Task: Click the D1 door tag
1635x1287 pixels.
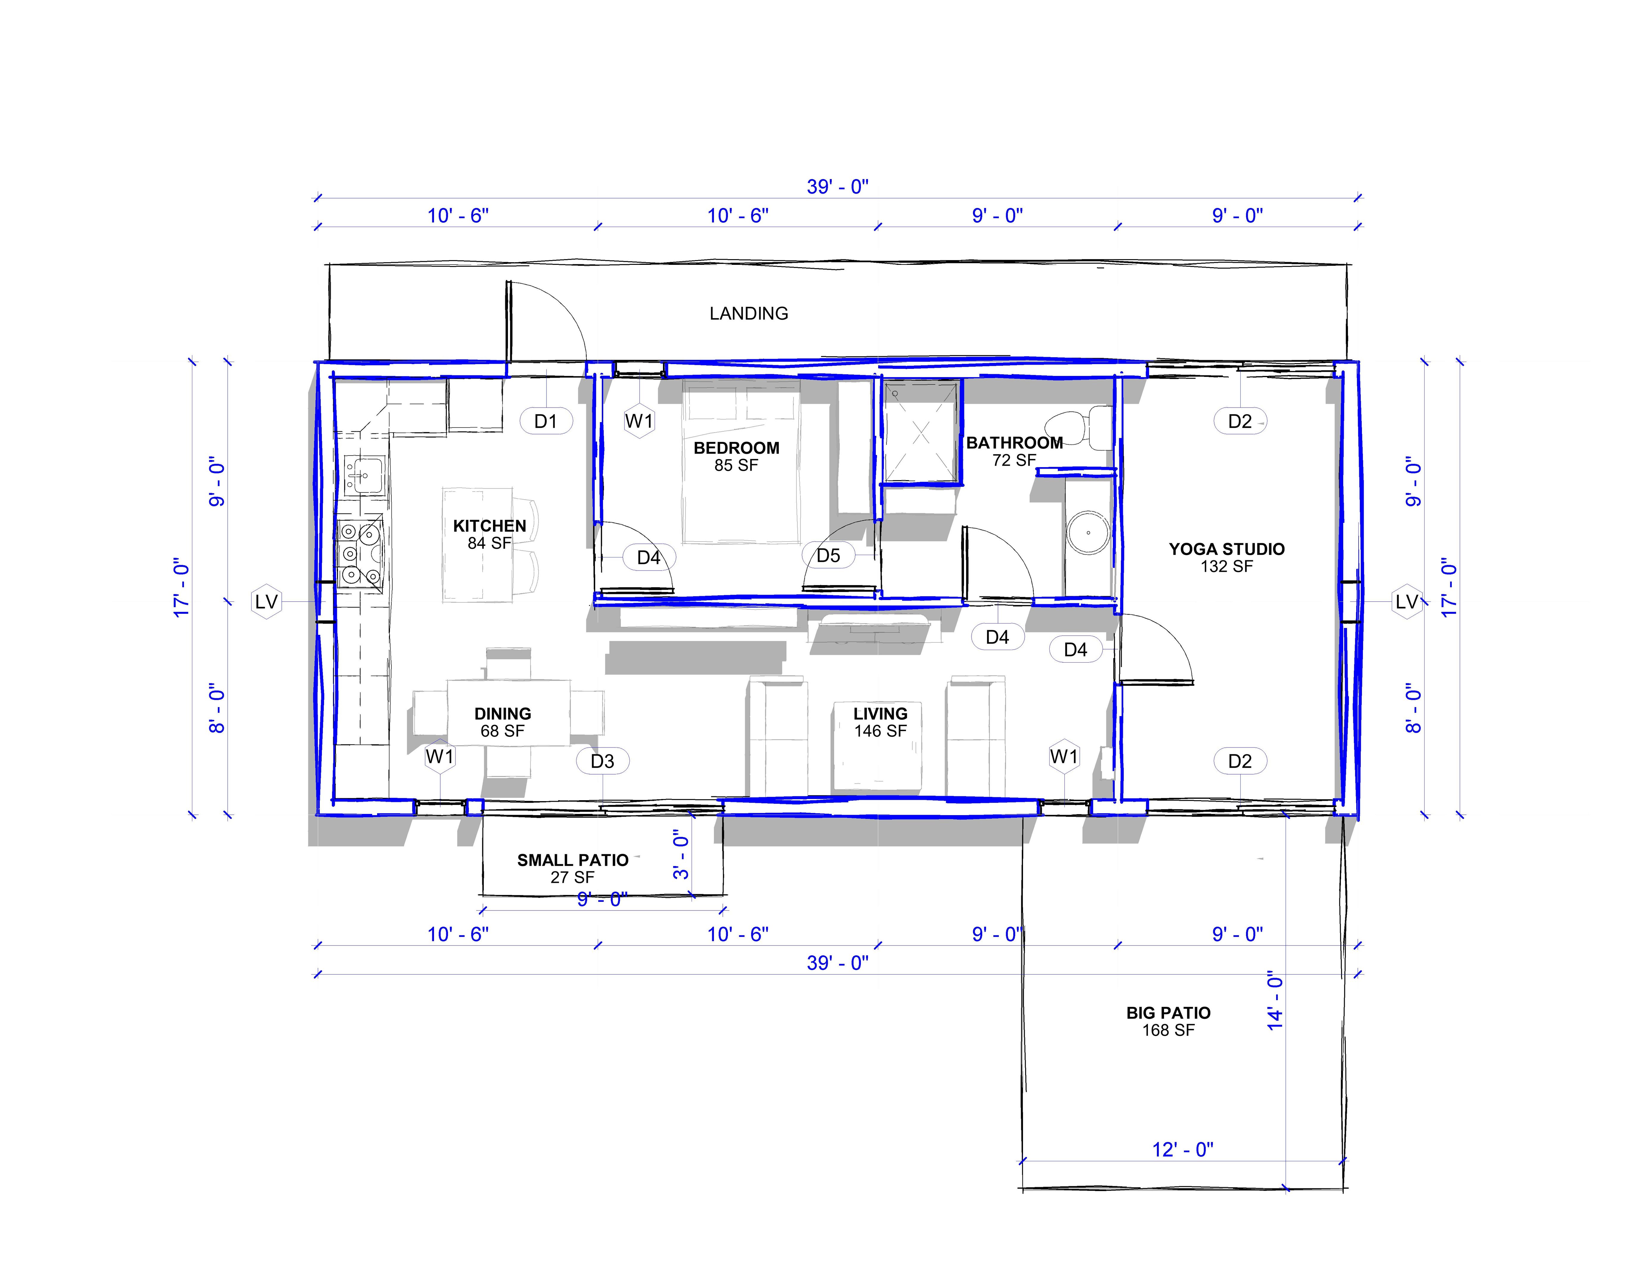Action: (x=546, y=421)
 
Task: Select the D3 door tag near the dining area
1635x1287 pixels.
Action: (x=602, y=761)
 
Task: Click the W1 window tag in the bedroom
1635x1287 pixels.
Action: (x=639, y=421)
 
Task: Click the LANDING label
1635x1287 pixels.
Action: (x=748, y=313)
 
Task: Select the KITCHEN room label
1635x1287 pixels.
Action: (x=489, y=526)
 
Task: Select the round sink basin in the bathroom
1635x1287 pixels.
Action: (x=1088, y=533)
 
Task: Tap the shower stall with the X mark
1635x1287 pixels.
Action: (x=921, y=432)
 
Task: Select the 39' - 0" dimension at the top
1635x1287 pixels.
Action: (x=838, y=187)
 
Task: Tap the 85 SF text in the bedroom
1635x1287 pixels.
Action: (x=736, y=466)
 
